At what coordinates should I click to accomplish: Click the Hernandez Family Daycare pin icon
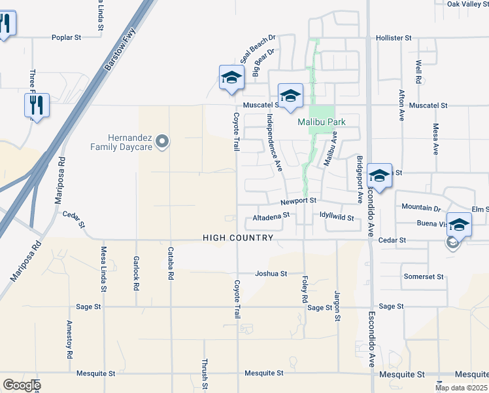[x=163, y=141]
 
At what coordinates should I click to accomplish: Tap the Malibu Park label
[x=321, y=122]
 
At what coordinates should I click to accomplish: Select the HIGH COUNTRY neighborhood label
[x=237, y=238]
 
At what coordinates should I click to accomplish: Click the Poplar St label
[x=66, y=38]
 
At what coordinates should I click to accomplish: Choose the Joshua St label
[x=271, y=273]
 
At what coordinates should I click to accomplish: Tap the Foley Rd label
[x=305, y=288]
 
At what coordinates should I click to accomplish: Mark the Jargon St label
[x=338, y=307]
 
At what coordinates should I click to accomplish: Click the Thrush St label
[x=205, y=372]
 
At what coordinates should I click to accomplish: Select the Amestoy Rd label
[x=69, y=341]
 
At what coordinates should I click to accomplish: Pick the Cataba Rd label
[x=170, y=263]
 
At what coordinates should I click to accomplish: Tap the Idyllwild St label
[x=337, y=217]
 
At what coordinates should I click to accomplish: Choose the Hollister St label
[x=394, y=38]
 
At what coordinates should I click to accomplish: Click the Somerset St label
[x=424, y=276]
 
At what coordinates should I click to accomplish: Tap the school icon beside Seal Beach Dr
[x=231, y=79]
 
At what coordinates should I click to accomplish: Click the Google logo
[x=21, y=385]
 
